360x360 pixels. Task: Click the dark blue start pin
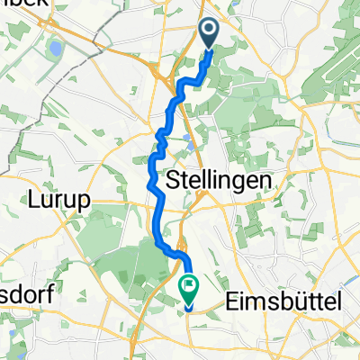pos(209,34)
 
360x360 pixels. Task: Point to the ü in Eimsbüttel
pos(306,305)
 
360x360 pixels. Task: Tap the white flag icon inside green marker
pos(190,288)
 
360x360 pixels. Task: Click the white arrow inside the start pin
pos(209,31)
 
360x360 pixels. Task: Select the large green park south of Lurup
pos(117,261)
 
